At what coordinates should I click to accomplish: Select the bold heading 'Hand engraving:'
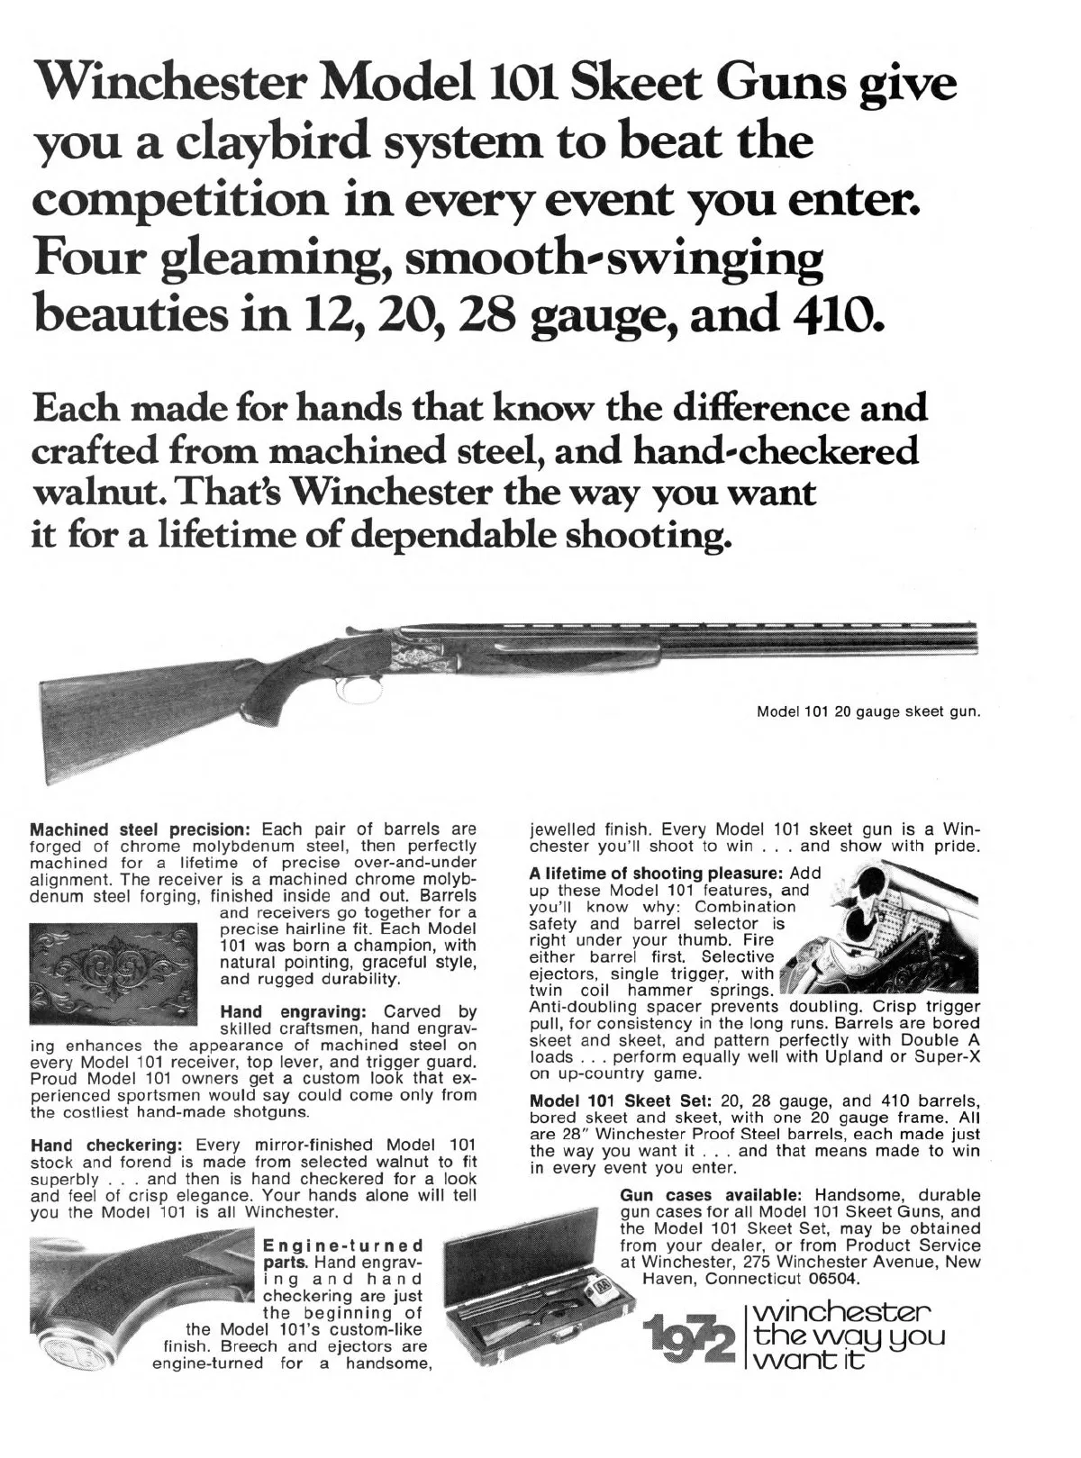pyautogui.click(x=292, y=1012)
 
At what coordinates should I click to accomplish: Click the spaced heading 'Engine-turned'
pyautogui.click(x=342, y=1247)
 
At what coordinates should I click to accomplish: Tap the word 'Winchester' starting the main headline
pyautogui.click(x=170, y=86)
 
